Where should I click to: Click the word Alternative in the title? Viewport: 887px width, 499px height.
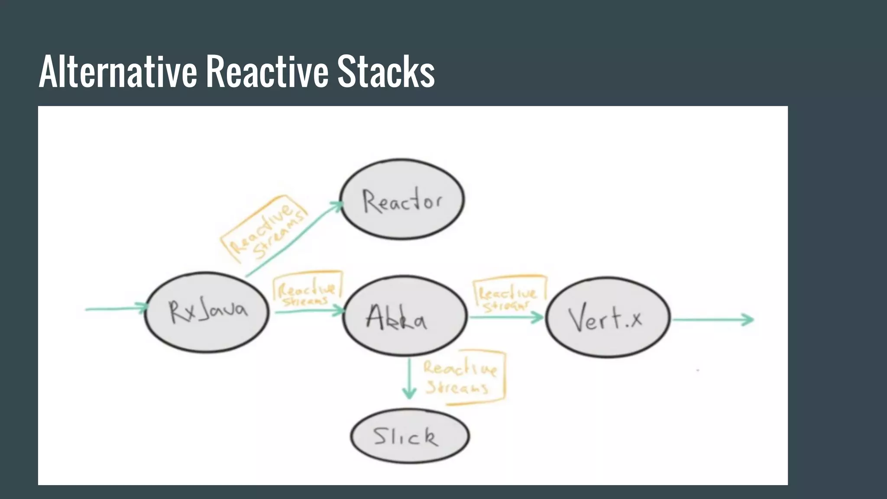click(x=118, y=71)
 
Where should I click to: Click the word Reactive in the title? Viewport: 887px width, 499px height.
click(x=267, y=71)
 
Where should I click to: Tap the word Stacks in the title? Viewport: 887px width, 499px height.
click(x=386, y=71)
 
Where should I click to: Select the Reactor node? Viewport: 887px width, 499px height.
click(x=402, y=199)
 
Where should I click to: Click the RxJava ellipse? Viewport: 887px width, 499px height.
click(x=207, y=312)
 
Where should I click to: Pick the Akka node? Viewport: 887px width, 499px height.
click(x=405, y=316)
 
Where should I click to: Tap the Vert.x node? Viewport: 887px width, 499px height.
click(x=607, y=318)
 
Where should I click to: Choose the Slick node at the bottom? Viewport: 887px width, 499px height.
click(x=410, y=436)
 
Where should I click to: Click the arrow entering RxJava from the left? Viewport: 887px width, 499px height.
click(x=116, y=308)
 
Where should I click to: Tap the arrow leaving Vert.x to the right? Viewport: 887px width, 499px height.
click(x=712, y=320)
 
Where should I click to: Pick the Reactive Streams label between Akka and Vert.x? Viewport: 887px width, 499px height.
click(x=508, y=295)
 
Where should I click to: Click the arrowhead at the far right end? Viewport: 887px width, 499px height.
click(x=748, y=320)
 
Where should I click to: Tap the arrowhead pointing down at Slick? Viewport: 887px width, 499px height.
click(x=409, y=393)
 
